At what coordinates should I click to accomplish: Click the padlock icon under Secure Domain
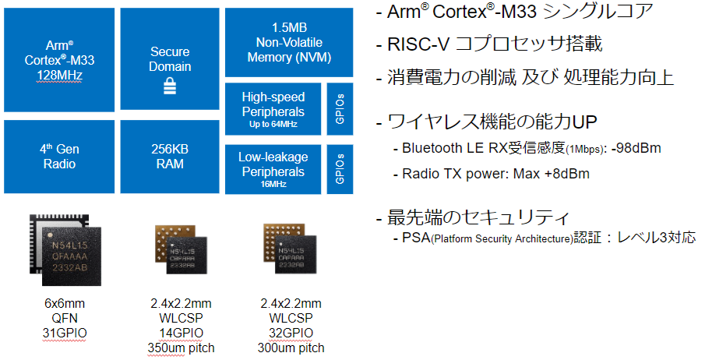tap(170, 86)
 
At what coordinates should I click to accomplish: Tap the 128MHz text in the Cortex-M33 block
tap(59, 75)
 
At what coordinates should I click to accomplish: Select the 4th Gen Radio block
tap(59, 157)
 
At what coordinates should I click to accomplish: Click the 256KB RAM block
tap(170, 157)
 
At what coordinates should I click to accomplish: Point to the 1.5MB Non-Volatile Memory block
tap(289, 43)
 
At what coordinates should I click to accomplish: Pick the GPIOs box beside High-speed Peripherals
tap(340, 109)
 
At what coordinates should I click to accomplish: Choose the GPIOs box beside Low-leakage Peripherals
tap(340, 169)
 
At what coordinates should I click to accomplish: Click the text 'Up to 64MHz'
tap(273, 124)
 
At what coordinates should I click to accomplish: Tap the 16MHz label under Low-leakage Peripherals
tap(273, 184)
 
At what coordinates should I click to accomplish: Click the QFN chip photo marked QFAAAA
tap(65, 250)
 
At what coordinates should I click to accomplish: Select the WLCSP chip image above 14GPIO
tap(182, 249)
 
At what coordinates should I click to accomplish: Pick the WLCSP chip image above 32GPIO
tap(290, 249)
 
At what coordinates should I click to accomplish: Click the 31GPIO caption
tap(65, 333)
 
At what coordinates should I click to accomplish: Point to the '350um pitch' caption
tap(182, 348)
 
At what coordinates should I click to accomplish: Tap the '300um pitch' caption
tap(291, 348)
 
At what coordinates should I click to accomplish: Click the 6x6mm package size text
tap(65, 303)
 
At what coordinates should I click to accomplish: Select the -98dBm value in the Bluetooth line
tap(636, 148)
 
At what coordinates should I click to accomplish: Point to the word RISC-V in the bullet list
tap(418, 44)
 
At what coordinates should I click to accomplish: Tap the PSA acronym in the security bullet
tap(416, 237)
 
